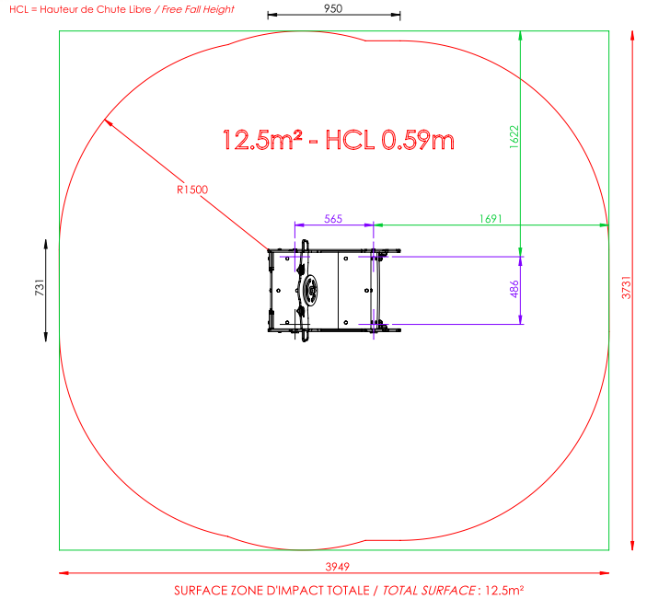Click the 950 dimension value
click(x=333, y=8)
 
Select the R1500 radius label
click(x=192, y=190)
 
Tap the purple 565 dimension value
click(x=333, y=219)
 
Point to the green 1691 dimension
click(x=491, y=219)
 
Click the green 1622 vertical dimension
click(x=514, y=137)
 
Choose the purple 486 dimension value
click(x=514, y=289)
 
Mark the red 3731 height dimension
click(x=626, y=287)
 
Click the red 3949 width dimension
click(x=338, y=567)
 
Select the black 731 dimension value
click(x=40, y=287)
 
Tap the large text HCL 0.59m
click(x=389, y=140)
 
